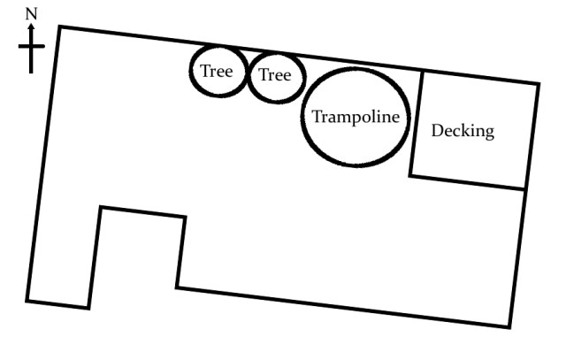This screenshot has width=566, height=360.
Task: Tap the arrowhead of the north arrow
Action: (x=33, y=27)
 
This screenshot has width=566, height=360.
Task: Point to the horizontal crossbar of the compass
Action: (x=32, y=45)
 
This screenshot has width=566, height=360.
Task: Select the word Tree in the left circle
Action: (x=217, y=72)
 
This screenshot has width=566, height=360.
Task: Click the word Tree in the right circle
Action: (x=275, y=76)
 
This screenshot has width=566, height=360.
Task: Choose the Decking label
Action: (x=463, y=132)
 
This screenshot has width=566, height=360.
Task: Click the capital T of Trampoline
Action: (x=317, y=117)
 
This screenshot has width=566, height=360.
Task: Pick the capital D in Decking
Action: (x=437, y=131)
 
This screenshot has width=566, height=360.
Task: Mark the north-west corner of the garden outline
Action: (x=59, y=27)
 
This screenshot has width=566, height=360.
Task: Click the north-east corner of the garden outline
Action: (x=538, y=85)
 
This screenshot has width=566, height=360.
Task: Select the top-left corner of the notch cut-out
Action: (x=101, y=208)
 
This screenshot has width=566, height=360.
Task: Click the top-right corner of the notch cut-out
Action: (x=185, y=218)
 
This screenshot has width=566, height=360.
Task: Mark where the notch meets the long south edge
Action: (x=177, y=287)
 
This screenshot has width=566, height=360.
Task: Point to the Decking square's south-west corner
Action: (x=410, y=174)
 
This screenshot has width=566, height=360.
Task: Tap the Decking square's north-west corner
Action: (x=420, y=72)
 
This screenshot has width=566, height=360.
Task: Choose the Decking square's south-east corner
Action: (x=526, y=188)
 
